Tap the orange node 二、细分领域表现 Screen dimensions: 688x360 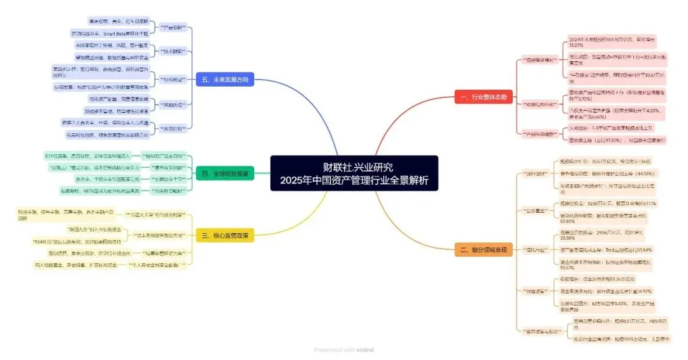(x=484, y=250)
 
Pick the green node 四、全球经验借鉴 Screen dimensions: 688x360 (x=225, y=173)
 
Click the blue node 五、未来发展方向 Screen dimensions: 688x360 (x=226, y=79)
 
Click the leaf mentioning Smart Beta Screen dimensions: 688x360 (x=109, y=32)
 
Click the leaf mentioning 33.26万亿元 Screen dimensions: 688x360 (x=599, y=278)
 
